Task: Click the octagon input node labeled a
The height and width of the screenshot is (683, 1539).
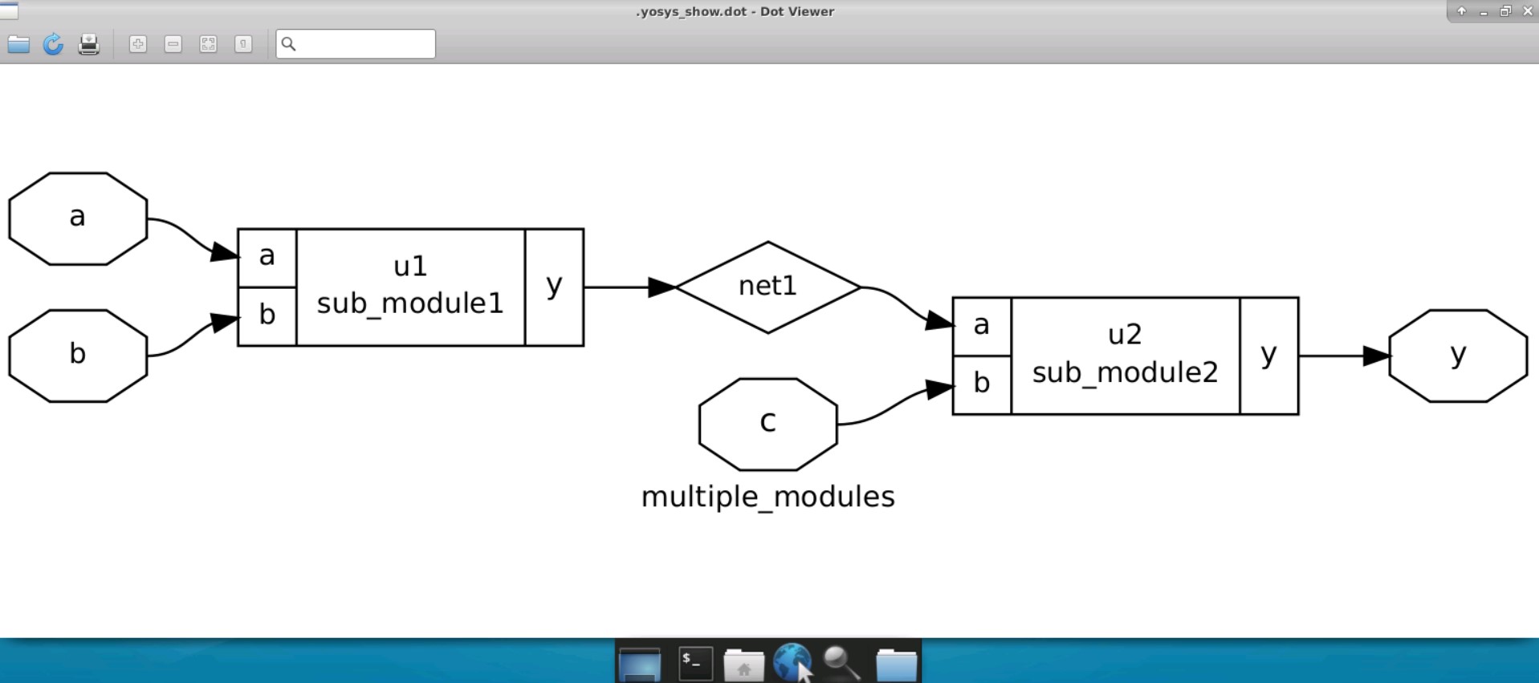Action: click(78, 218)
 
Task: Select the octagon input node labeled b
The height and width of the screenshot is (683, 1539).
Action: click(78, 356)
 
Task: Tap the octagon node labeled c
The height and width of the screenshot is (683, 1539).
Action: click(768, 424)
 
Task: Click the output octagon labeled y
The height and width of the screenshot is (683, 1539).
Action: click(1458, 356)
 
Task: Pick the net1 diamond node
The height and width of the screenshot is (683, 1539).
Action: click(768, 287)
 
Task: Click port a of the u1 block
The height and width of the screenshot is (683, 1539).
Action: click(267, 258)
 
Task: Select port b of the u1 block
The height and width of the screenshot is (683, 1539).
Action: click(267, 316)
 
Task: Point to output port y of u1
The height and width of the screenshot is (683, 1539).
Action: click(554, 287)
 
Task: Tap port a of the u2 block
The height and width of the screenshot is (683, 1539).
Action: click(981, 327)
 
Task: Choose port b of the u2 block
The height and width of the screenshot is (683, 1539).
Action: click(981, 384)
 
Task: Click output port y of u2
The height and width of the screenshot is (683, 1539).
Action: click(1268, 356)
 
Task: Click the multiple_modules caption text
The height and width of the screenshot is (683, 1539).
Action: click(767, 497)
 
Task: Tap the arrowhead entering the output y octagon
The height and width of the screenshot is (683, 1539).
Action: click(1376, 356)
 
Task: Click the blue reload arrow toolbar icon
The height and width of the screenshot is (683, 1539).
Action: click(53, 44)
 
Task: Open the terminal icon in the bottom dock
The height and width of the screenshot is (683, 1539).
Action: click(695, 664)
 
